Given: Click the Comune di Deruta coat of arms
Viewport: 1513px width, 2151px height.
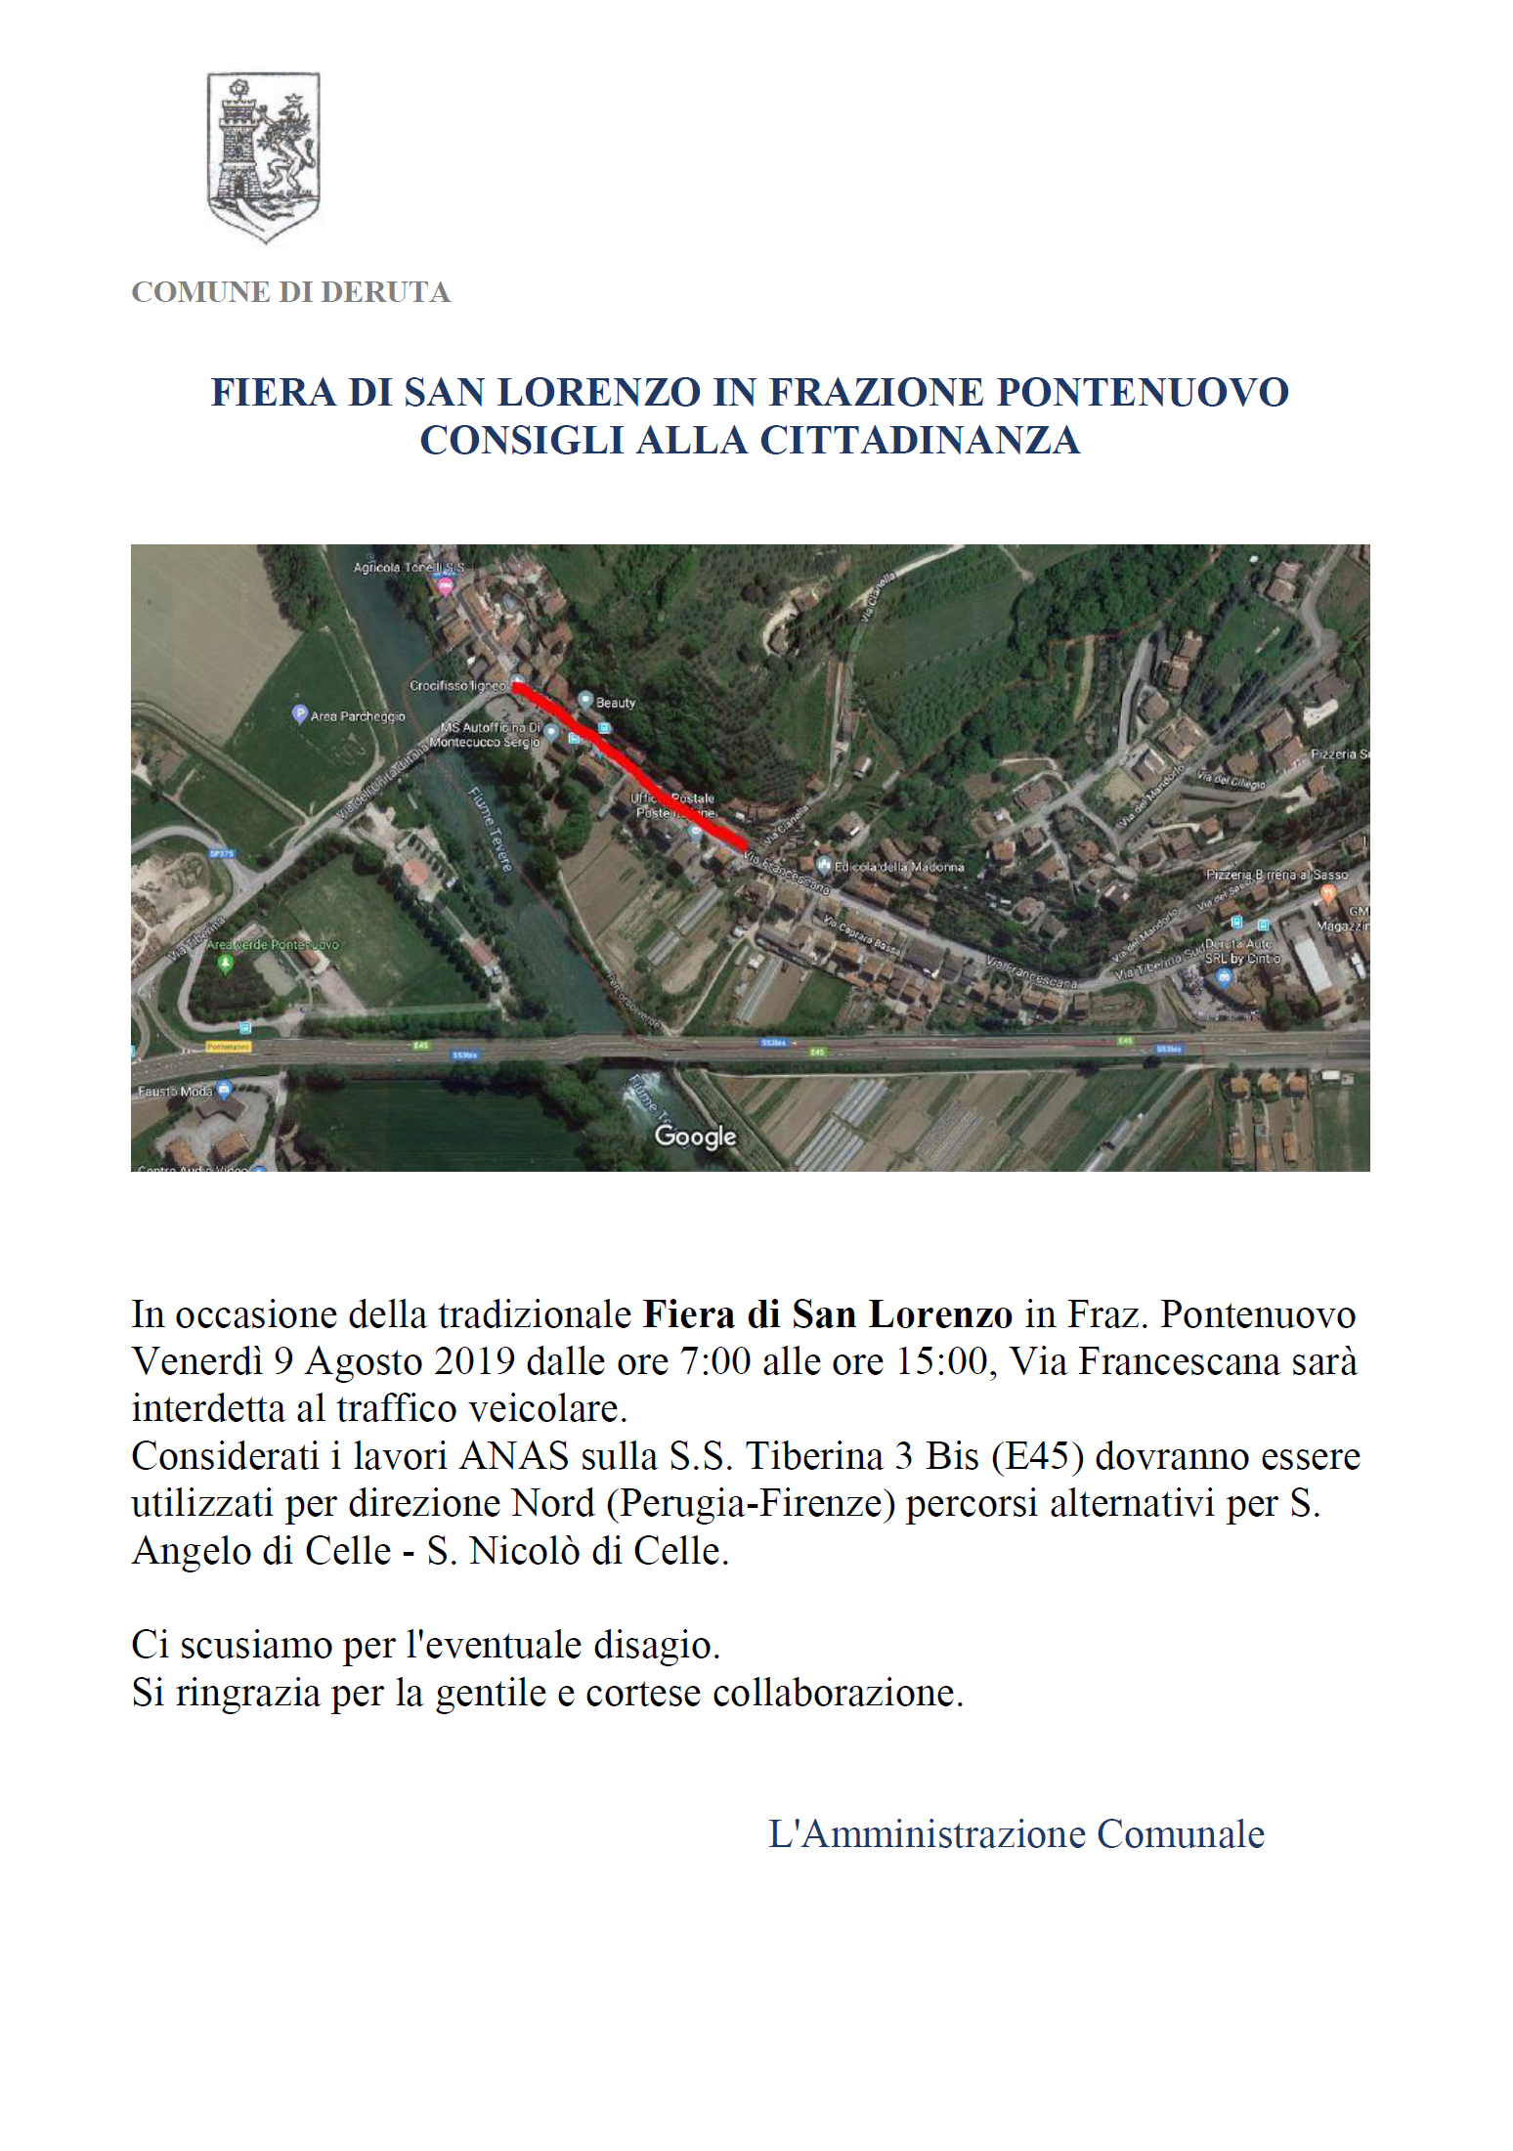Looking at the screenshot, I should coord(263,156).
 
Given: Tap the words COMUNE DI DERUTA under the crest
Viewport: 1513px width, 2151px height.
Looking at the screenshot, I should coord(290,292).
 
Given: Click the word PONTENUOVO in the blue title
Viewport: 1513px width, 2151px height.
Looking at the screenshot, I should coord(1142,393).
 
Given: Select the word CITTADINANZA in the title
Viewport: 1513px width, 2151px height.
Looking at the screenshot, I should coord(920,441).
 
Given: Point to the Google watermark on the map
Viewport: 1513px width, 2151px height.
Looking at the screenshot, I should coord(695,1136).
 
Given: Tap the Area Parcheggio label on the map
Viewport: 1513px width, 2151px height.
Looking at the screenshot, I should coord(357,716).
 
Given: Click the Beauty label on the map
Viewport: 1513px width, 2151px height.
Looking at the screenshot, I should coord(615,703).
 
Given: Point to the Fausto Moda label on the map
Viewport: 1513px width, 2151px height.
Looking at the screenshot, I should coord(175,1092).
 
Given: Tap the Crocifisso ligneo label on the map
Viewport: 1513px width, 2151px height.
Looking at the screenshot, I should coord(457,686).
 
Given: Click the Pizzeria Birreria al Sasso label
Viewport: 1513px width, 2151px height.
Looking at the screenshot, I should coord(1276,876).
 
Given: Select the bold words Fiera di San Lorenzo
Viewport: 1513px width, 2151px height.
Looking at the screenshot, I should coord(827,1315).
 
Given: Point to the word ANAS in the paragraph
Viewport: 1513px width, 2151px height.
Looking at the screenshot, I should coord(514,1457).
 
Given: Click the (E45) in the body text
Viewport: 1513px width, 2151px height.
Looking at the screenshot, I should coord(1037,1457).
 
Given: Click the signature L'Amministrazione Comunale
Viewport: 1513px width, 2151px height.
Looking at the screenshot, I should coord(1016,1834).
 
